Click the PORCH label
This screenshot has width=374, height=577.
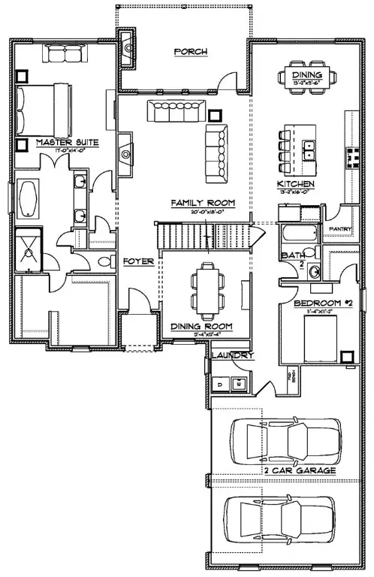(190, 52)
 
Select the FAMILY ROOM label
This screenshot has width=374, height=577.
(203, 204)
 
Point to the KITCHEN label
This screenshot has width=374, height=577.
(295, 184)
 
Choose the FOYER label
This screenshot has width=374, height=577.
(139, 261)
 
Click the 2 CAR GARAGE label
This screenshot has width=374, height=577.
(300, 471)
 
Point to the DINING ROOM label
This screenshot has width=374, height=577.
(201, 327)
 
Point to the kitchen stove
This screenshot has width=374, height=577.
(351, 156)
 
